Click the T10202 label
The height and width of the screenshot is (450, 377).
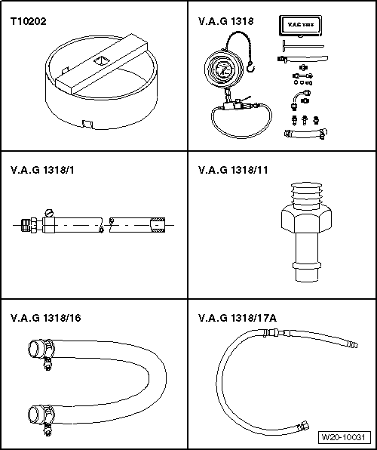29,22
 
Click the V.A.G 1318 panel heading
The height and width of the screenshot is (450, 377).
225,22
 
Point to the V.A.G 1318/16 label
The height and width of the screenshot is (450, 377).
44,318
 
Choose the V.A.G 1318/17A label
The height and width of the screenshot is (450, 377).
237,318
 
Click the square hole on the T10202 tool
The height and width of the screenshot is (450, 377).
100,57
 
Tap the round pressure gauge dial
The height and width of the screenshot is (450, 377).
223,73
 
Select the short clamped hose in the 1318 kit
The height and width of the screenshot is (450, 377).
305,134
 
